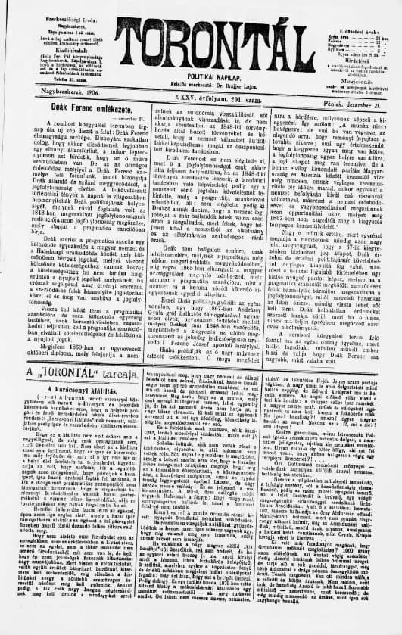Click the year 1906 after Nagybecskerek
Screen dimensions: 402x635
click(x=71, y=91)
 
